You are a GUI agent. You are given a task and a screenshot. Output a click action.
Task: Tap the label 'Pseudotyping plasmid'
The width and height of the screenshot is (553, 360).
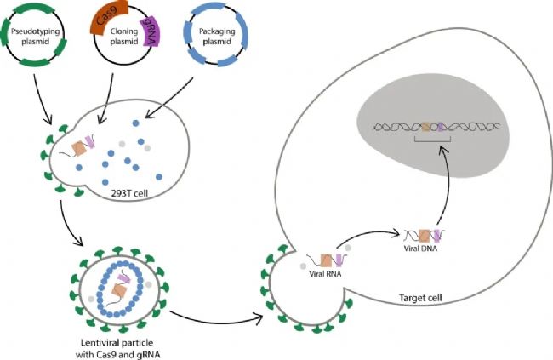click(36, 37)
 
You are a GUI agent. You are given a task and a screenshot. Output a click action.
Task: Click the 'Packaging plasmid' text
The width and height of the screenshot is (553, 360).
click(217, 37)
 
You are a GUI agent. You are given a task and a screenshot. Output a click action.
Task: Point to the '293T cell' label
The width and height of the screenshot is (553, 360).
click(129, 193)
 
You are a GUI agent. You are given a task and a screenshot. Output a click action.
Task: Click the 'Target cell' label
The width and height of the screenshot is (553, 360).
click(420, 298)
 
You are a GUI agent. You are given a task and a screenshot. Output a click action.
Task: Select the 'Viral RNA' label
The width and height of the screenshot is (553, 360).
click(325, 273)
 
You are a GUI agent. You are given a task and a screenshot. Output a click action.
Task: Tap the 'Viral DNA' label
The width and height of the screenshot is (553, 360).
click(420, 249)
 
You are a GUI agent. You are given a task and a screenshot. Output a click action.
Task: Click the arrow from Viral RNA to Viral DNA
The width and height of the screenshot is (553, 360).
click(368, 234)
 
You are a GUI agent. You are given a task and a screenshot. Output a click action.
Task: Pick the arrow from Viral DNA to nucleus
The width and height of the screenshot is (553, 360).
click(448, 187)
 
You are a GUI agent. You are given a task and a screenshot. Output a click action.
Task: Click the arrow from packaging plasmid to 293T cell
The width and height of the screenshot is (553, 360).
click(168, 98)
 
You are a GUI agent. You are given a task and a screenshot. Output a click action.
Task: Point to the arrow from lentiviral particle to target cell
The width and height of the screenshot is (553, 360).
click(216, 321)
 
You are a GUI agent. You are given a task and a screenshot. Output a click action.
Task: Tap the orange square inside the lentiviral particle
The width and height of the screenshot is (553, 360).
click(119, 291)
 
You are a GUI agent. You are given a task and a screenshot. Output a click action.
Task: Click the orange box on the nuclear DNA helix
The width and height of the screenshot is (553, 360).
click(426, 126)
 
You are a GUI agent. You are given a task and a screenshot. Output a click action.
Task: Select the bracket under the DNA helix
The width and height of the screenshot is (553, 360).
click(433, 141)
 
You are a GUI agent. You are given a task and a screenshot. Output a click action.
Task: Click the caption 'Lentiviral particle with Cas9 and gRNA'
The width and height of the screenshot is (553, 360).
click(117, 348)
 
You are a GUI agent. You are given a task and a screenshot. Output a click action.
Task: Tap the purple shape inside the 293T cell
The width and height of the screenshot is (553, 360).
click(89, 141)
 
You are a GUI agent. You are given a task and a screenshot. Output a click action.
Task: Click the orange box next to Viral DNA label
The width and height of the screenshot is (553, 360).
click(425, 236)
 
